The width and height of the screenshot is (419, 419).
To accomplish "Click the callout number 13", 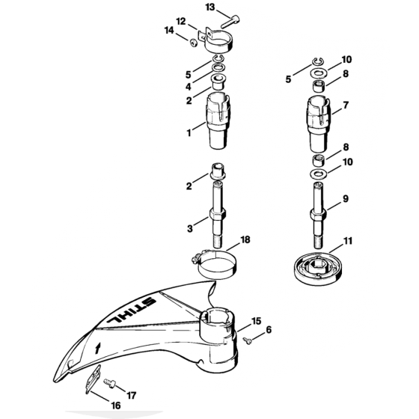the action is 210,7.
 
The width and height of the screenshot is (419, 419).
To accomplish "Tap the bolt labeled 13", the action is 230,22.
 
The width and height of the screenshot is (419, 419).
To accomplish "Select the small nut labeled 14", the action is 194,43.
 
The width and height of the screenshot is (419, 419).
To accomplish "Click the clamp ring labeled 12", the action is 216,41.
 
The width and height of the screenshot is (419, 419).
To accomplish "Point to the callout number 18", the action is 245,239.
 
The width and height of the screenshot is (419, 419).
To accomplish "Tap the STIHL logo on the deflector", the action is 131,310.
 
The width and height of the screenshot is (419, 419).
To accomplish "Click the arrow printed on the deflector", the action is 98,348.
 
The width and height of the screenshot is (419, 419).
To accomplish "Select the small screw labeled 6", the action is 247,340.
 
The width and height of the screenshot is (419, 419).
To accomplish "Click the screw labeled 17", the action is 109,384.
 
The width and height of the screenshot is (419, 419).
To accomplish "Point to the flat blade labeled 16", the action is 93,379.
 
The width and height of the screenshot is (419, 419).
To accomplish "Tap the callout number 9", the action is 346,199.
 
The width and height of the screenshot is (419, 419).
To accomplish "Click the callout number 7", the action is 346,105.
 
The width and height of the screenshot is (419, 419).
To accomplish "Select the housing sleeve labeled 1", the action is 218,120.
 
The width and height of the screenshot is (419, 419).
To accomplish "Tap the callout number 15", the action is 256,321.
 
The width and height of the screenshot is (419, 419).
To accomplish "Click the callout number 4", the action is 189,87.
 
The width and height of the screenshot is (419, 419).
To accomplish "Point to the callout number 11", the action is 347,241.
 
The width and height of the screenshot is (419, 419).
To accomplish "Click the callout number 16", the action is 116,406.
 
